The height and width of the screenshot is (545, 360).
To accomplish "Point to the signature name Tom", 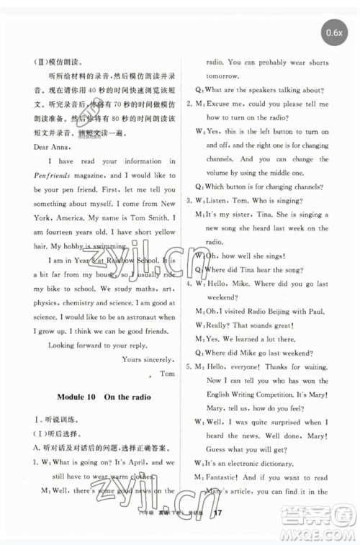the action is pyautogui.click(x=167, y=374).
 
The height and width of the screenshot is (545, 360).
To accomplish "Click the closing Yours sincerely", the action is pyautogui.click(x=148, y=359).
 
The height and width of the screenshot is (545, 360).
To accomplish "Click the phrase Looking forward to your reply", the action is pyautogui.click(x=95, y=344).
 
